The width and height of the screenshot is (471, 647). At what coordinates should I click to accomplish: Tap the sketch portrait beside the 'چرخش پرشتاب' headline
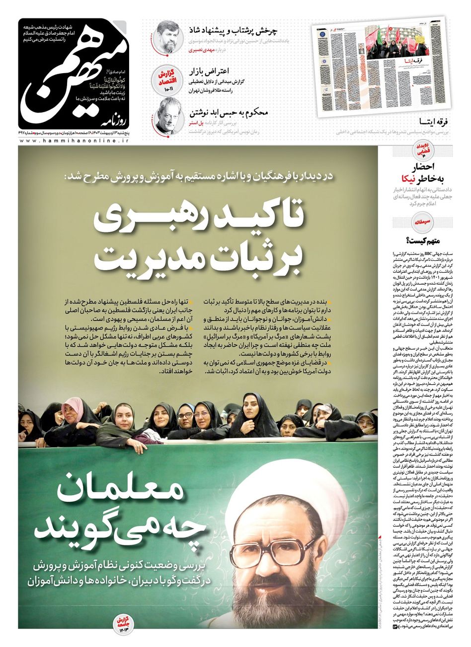(x=166, y=36)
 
